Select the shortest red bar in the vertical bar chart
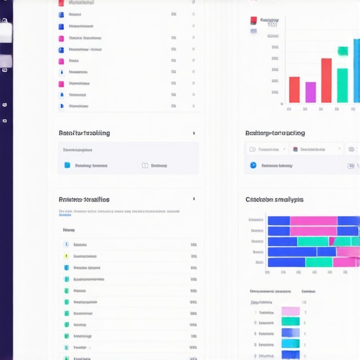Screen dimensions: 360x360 (x=294, y=89)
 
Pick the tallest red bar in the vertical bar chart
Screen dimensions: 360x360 (x=326, y=80)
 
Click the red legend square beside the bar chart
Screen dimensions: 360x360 (x=254, y=20)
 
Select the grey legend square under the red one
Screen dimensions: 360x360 (x=254, y=30)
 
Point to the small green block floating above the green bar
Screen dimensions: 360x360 (x=343, y=51)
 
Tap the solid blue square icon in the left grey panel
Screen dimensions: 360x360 (x=67, y=166)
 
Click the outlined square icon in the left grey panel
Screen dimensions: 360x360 (x=145, y=166)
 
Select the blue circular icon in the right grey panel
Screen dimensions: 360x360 (x=253, y=166)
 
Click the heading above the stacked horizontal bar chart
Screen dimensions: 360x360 (x=274, y=200)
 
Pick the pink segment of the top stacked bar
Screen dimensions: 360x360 (x=314, y=221)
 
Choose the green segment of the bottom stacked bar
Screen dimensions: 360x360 (x=319, y=262)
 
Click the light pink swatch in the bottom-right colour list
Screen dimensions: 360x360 (x=290, y=311)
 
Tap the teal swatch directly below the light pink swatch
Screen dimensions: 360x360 (x=290, y=322)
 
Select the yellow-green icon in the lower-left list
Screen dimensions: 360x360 (x=66, y=257)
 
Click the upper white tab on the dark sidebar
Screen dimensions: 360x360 (x=6, y=31)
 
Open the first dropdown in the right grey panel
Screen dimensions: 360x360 (x=266, y=149)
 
